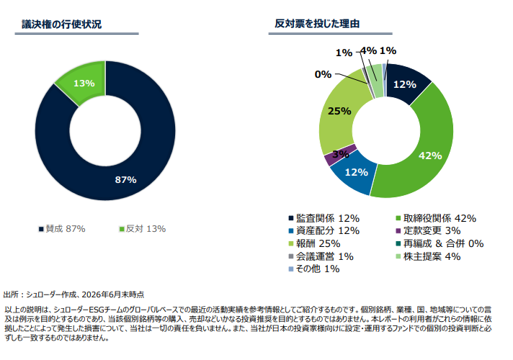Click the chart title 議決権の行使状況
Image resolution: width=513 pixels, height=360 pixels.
coord(61,24)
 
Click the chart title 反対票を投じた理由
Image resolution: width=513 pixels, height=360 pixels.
coord(317,24)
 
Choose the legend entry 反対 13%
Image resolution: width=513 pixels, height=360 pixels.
coord(142,229)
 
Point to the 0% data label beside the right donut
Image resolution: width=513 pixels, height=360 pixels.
coord(323,74)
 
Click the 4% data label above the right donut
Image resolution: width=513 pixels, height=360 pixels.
coord(368,51)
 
